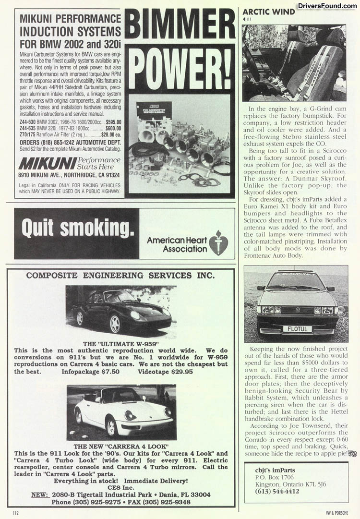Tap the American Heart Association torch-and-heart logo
pos(218,242)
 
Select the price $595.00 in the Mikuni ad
pos(113,122)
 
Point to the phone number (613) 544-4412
pos(272,491)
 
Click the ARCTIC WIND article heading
pos(268,12)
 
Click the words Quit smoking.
pos(74,229)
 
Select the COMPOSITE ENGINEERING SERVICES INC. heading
pos(120,276)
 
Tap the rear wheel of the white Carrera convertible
pos(111,426)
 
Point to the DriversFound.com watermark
pos(327,6)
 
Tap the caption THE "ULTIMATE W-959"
pos(120,344)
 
